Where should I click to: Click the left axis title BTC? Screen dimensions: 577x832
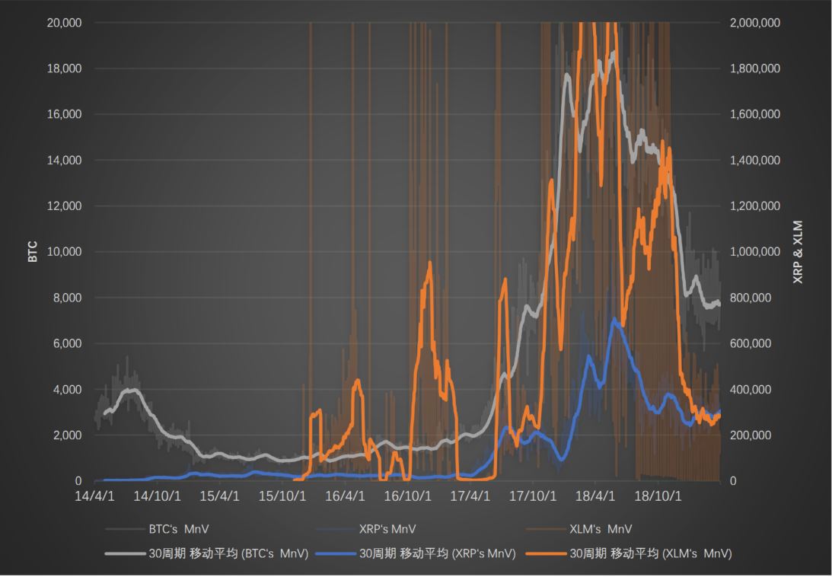pyautogui.click(x=33, y=251)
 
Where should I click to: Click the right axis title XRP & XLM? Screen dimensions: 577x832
pyautogui.click(x=798, y=251)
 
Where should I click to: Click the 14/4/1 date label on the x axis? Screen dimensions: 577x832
pyautogui.click(x=94, y=496)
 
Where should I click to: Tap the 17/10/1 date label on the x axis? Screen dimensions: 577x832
pyautogui.click(x=532, y=496)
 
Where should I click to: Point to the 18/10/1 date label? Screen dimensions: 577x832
pyautogui.click(x=657, y=496)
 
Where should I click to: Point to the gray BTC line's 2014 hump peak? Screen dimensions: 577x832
pyautogui.click(x=132, y=390)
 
